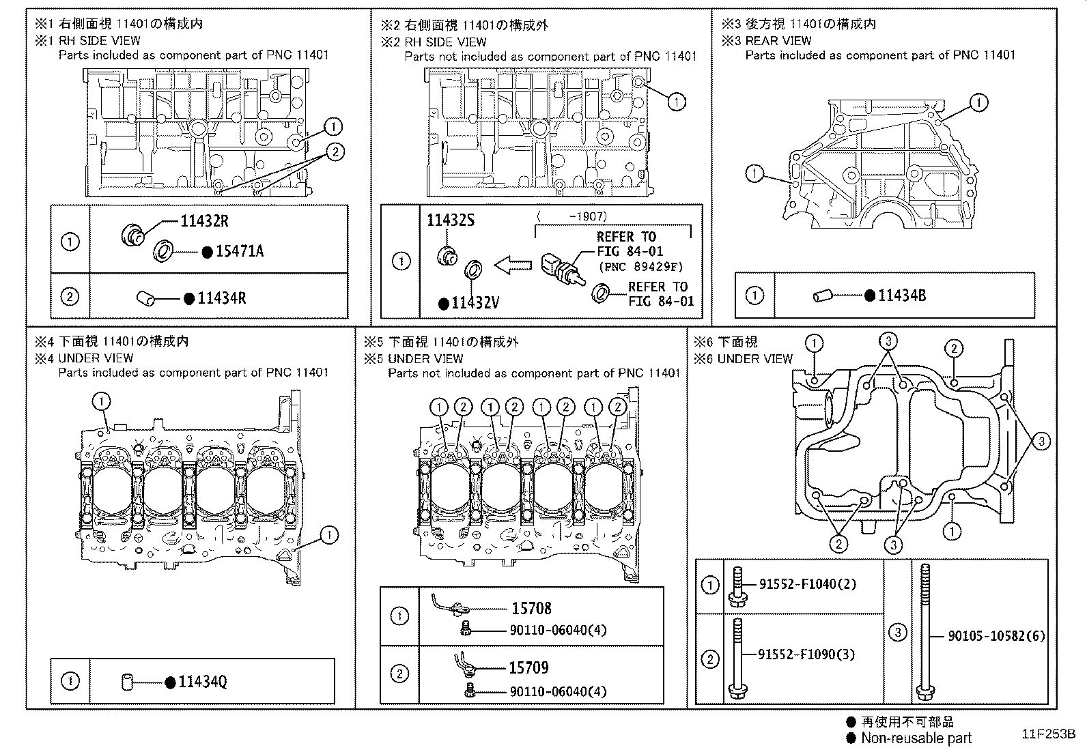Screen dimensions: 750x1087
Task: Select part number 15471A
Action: (239, 251)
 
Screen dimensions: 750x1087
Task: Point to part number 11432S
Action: (450, 220)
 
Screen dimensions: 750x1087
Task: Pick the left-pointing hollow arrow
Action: (512, 265)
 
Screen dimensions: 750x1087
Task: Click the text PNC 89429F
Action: (640, 267)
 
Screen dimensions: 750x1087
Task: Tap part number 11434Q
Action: (202, 682)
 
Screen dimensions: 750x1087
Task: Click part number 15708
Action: (531, 608)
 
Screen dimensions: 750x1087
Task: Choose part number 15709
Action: (528, 668)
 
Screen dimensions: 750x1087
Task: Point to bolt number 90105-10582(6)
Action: (996, 636)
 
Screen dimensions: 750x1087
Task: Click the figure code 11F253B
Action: (1048, 735)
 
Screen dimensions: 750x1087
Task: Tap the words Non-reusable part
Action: (916, 738)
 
